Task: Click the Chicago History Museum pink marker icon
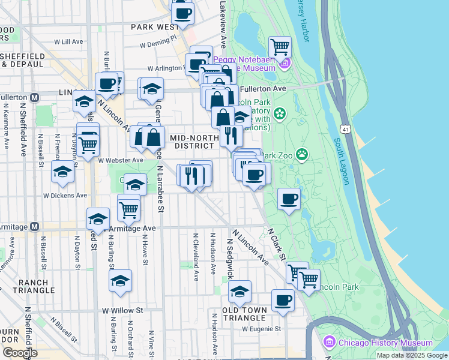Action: click(328, 343)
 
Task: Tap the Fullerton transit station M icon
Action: click(34, 97)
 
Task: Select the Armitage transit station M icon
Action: click(34, 227)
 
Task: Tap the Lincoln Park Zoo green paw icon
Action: click(301, 155)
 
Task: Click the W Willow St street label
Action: click(122, 311)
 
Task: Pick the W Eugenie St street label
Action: click(262, 329)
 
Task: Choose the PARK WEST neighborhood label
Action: click(154, 27)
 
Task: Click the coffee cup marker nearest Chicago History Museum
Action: click(283, 300)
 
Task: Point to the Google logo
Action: click(20, 353)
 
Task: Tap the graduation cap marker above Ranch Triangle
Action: click(120, 280)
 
